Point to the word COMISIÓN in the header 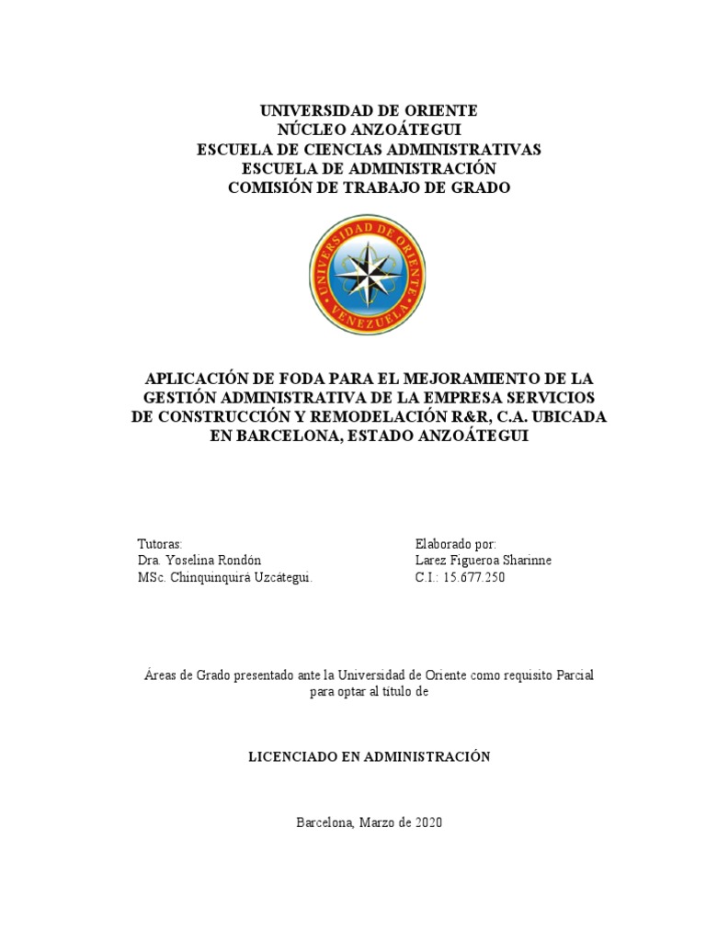271,187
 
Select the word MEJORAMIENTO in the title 464,378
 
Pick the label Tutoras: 160,543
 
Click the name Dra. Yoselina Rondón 196,561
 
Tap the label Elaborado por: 455,543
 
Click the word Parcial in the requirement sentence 572,675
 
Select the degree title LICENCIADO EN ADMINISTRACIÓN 370,756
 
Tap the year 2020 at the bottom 427,822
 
